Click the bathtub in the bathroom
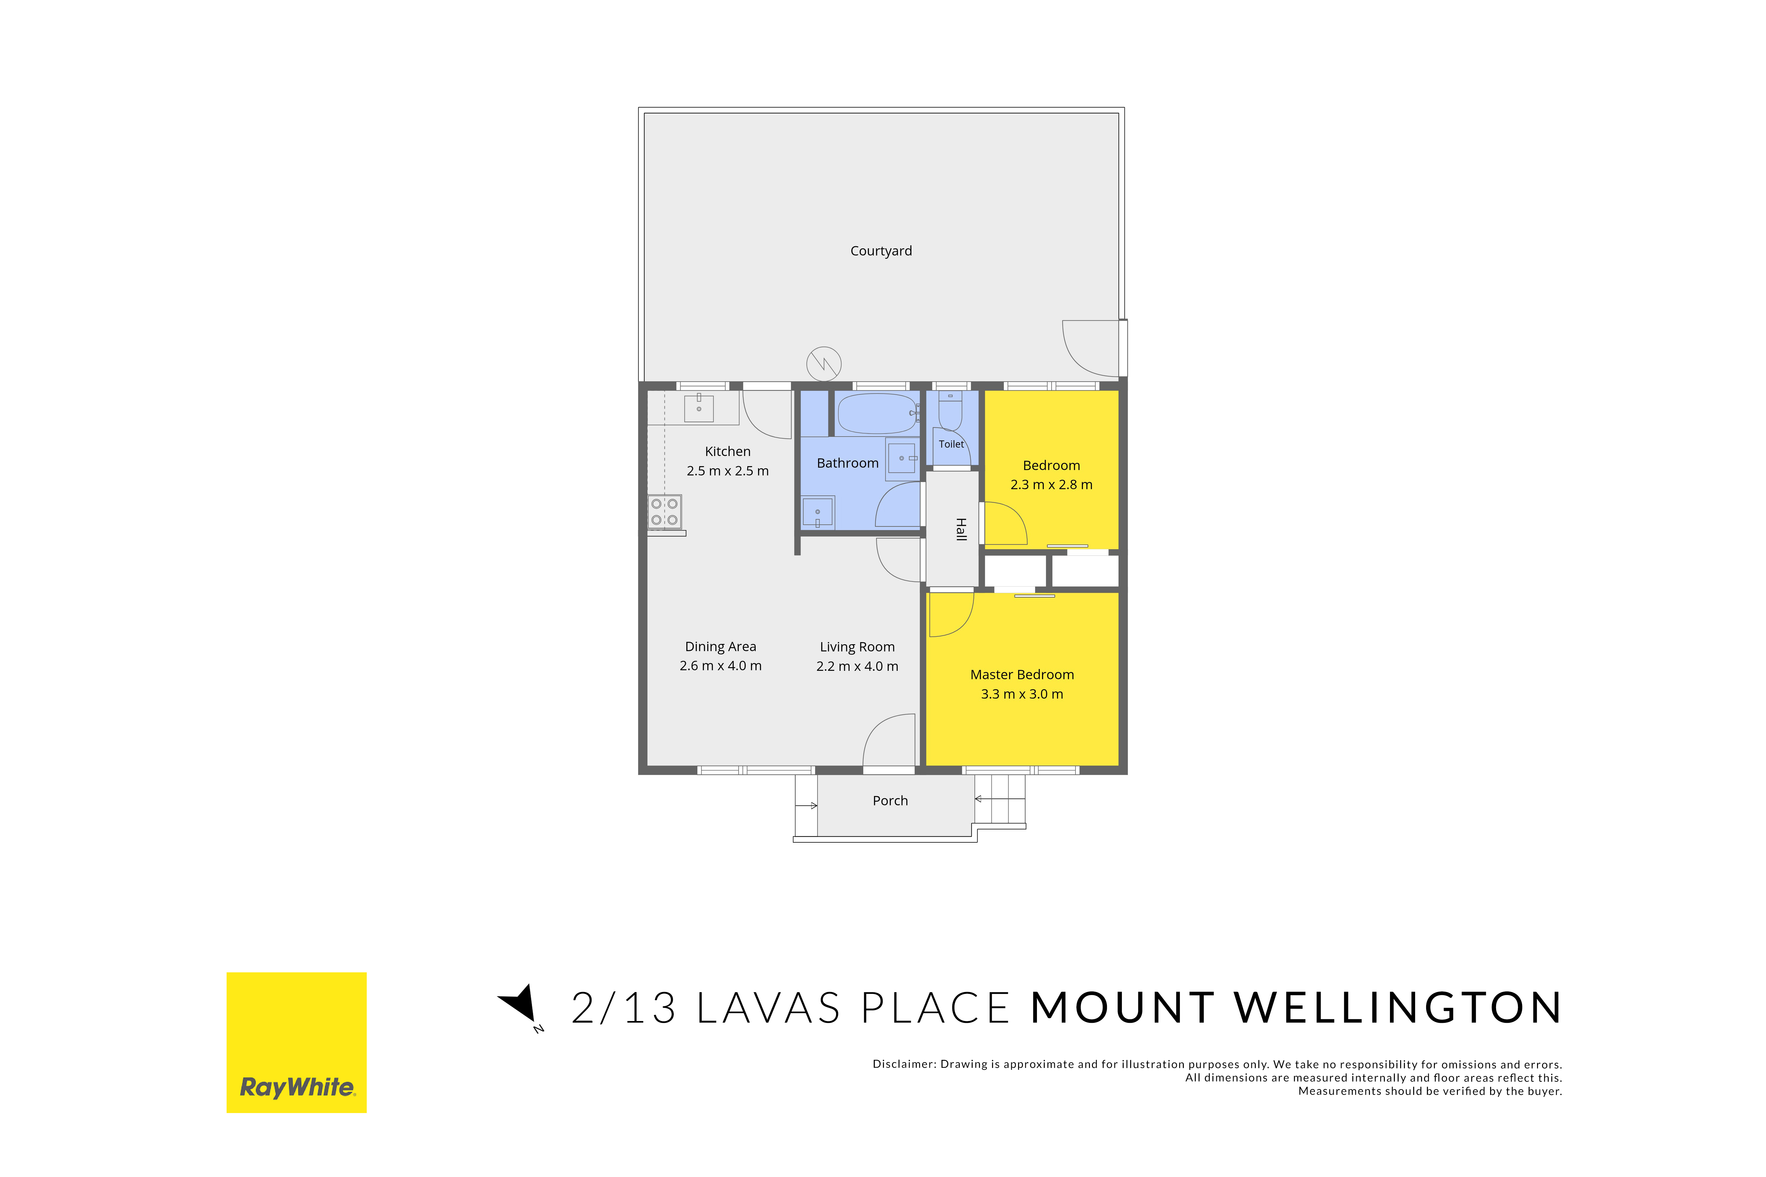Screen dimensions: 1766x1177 click(x=877, y=414)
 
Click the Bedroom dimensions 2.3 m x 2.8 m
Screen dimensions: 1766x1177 click(x=1051, y=485)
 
